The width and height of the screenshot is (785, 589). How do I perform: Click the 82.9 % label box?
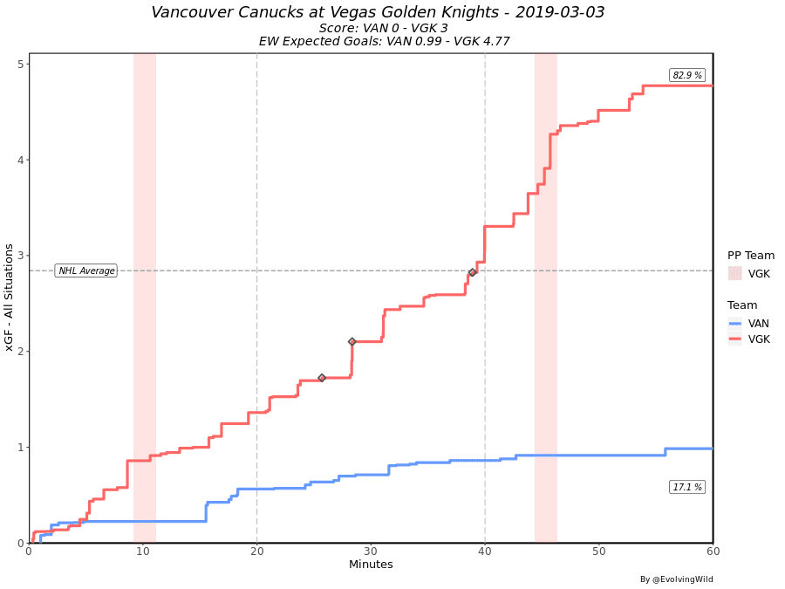687,76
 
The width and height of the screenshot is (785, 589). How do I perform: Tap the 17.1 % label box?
687,487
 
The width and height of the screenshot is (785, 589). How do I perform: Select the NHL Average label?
86,271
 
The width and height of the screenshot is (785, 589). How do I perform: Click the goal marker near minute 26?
322,378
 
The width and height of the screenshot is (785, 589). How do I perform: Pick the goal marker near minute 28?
352,342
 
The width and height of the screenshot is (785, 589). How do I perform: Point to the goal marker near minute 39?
472,272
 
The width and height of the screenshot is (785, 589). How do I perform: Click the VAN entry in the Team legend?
758,323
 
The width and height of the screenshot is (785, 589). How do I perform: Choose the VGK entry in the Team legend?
758,339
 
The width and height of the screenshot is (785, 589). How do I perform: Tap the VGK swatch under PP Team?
735,274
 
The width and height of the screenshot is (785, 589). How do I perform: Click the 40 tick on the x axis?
485,551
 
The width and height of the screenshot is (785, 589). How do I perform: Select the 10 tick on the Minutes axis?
143,551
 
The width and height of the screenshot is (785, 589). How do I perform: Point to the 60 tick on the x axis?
713,551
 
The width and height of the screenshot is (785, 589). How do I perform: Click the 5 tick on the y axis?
20,65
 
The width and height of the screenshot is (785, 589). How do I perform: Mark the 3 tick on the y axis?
20,256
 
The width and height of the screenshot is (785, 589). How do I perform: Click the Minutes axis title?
371,565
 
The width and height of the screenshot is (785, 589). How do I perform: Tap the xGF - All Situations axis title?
10,298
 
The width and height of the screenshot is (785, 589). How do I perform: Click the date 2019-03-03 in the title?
558,12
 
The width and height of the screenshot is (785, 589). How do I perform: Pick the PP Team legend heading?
751,256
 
